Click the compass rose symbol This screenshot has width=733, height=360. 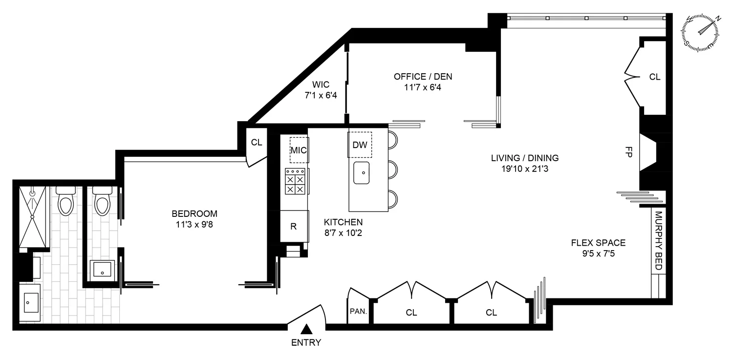click(x=702, y=30)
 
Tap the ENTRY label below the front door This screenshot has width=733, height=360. click(x=306, y=342)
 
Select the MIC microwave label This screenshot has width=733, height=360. click(x=299, y=150)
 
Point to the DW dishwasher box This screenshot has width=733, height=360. click(x=360, y=145)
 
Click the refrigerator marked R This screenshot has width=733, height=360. click(x=294, y=226)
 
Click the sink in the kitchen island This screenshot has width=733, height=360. click(x=362, y=173)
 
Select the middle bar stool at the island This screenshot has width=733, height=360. click(x=393, y=169)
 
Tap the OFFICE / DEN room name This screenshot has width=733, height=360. click(x=423, y=76)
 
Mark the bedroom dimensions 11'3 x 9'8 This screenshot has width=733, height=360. click(x=194, y=225)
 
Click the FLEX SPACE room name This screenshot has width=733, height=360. click(x=598, y=242)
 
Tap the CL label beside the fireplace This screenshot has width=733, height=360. click(x=654, y=77)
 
